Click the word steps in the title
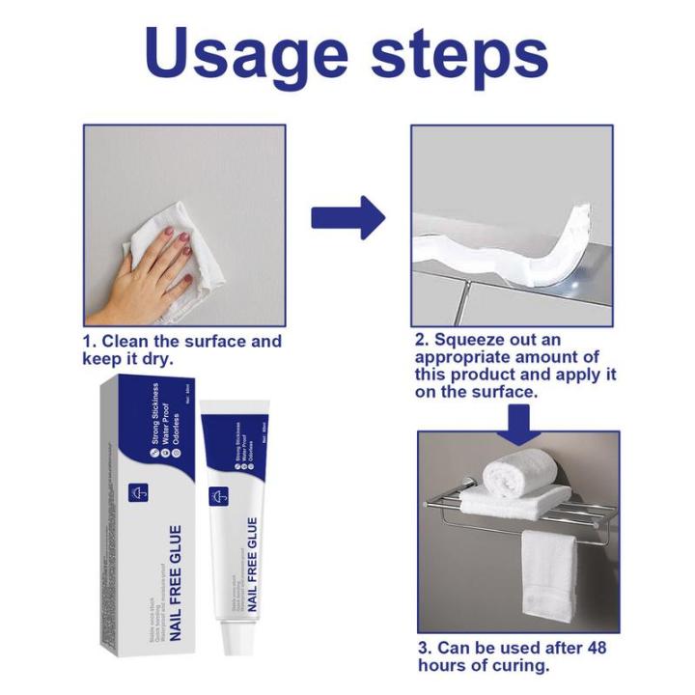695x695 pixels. coord(461,56)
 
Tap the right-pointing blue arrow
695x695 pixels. coord(347,217)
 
